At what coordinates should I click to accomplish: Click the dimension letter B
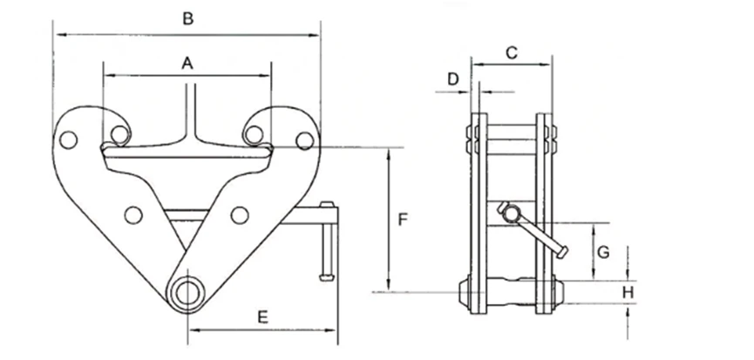tap(188, 19)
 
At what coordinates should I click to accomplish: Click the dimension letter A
tap(187, 63)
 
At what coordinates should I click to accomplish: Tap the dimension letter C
tap(512, 52)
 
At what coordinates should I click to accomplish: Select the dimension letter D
tap(453, 78)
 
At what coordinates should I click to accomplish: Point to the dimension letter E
tap(262, 317)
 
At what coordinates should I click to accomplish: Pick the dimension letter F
tap(403, 220)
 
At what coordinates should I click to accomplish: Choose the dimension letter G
tap(603, 252)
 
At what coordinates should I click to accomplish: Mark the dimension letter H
tap(628, 292)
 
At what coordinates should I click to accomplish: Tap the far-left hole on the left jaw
tap(68, 139)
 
